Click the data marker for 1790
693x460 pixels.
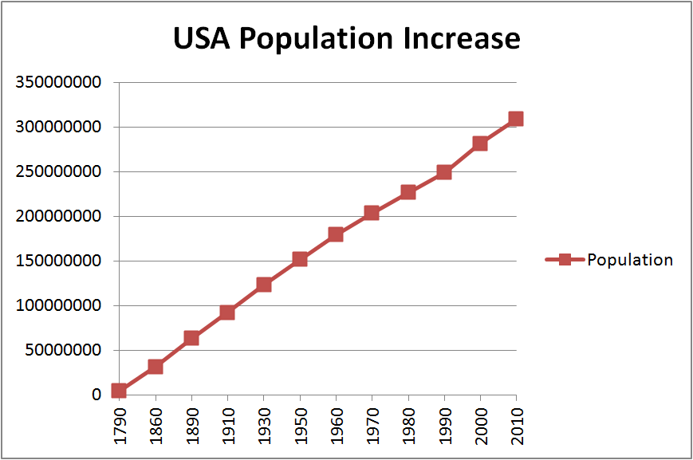[x=119, y=391]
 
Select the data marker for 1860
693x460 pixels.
[x=156, y=367]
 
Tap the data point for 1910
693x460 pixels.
[x=227, y=313]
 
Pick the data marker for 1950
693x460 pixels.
[x=299, y=259]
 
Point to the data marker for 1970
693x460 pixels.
[x=372, y=213]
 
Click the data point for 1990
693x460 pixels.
[x=444, y=172]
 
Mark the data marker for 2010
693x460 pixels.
[x=516, y=119]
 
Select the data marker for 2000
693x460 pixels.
[x=480, y=144]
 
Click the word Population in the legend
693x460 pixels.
[x=630, y=260]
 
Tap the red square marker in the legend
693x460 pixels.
[x=565, y=259]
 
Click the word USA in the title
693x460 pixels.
[x=203, y=38]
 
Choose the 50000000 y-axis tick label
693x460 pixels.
[x=68, y=350]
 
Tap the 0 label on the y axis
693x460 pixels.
[x=96, y=395]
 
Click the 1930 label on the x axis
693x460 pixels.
[x=264, y=426]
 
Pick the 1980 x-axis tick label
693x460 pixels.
[x=408, y=426]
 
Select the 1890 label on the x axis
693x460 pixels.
[x=191, y=426]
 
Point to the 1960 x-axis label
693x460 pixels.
[x=336, y=426]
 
